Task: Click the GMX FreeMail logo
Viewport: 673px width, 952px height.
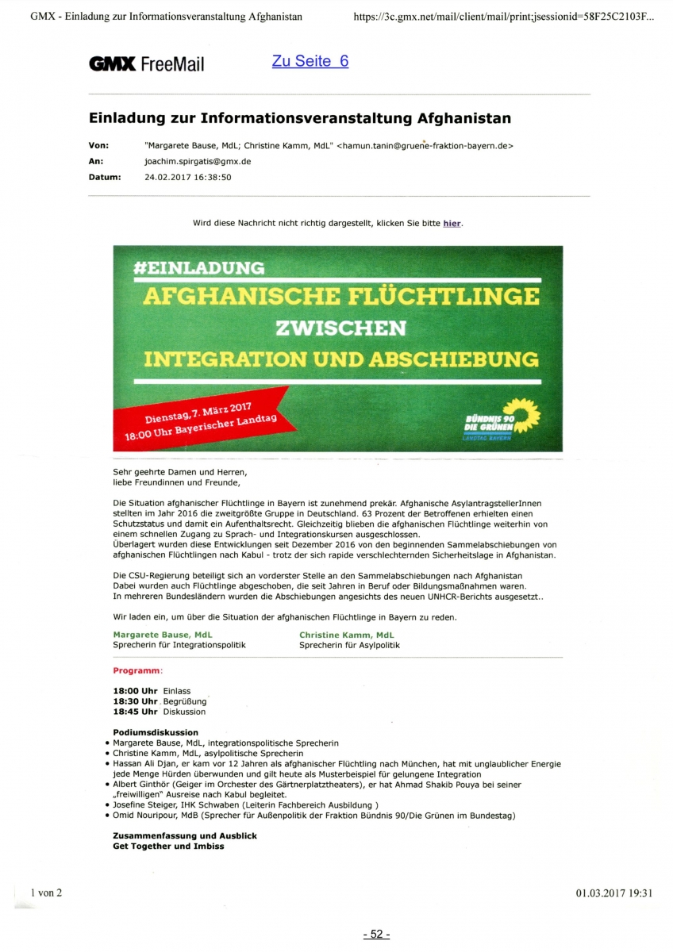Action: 146,64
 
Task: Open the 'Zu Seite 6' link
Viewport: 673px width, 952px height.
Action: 310,61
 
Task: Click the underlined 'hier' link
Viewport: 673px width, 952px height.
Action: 452,223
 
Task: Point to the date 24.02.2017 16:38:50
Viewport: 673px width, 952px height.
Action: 187,177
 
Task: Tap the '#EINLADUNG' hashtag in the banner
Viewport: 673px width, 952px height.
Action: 200,267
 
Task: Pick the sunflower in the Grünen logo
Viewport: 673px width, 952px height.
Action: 523,412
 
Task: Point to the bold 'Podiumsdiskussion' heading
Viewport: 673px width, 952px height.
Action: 156,732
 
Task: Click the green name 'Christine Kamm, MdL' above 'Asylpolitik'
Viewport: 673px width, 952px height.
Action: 346,635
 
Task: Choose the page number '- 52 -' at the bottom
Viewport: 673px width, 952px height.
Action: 376,935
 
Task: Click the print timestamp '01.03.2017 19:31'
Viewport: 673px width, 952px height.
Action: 613,892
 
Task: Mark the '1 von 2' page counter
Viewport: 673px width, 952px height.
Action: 46,892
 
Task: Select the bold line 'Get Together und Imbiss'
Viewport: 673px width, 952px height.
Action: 168,846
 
